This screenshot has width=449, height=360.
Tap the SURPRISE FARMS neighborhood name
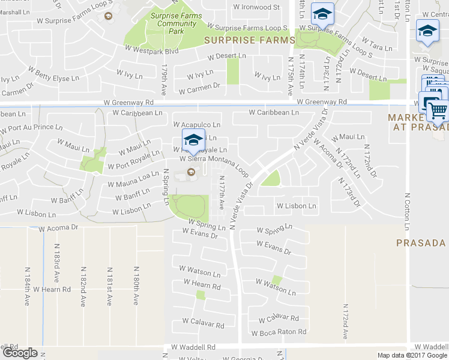tap(249, 41)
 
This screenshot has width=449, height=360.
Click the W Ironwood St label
tap(256, 8)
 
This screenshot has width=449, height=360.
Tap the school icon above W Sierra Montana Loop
tap(193, 140)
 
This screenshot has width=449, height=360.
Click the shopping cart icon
tap(438, 110)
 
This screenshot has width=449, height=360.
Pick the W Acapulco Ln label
tap(196, 125)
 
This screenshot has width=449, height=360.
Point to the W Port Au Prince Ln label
tap(34, 127)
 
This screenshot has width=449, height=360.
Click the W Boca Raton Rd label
tap(279, 332)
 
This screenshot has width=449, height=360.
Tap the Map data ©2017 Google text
tap(412, 355)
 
